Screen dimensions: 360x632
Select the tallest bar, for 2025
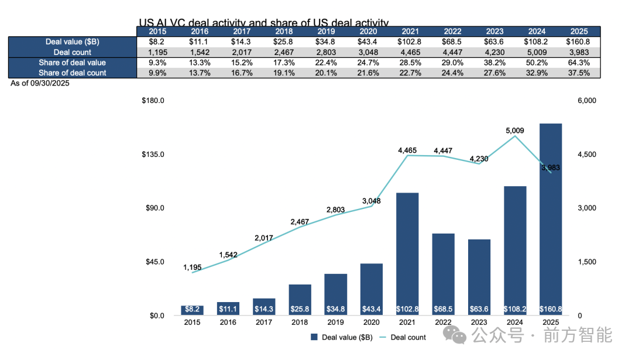pyautogui.click(x=551, y=219)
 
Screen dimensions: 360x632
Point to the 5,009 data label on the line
pyautogui.click(x=515, y=131)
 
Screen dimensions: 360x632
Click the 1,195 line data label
pyautogui.click(x=192, y=268)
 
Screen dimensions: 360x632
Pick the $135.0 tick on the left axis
pyautogui.click(x=153, y=155)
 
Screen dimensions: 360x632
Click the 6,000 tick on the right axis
pyautogui.click(x=586, y=101)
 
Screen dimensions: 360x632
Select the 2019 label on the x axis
pyautogui.click(x=335, y=322)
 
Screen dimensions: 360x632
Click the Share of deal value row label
pyautogui.click(x=72, y=63)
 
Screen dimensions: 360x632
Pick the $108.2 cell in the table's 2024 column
pyautogui.click(x=537, y=42)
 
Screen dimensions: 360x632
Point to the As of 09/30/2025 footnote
pyautogui.click(x=40, y=83)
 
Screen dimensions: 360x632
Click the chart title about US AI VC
pyautogui.click(x=263, y=23)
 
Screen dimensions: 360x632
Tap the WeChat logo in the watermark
pyautogui.click(x=455, y=335)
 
